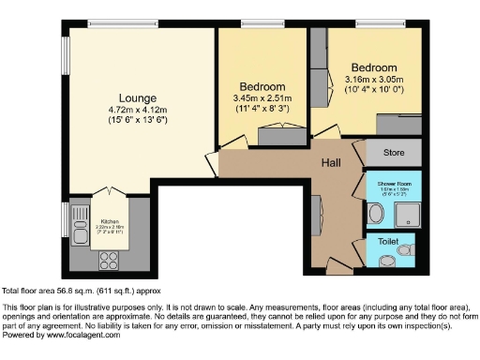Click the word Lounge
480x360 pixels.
pos(137,98)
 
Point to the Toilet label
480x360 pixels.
pos(387,241)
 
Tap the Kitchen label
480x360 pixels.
pos(110,221)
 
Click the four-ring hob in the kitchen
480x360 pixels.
pos(103,252)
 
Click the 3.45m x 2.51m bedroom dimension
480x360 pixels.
pos(262,98)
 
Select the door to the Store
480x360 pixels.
pos(360,150)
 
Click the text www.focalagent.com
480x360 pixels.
pos(81,335)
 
